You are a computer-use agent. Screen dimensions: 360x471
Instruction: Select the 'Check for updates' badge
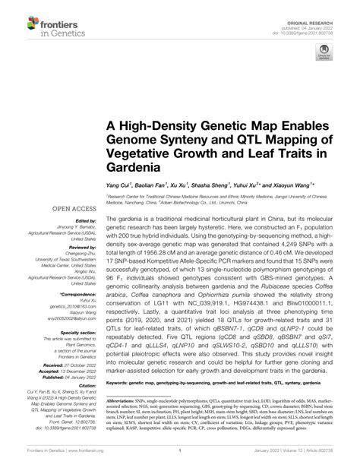coord(324,52)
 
